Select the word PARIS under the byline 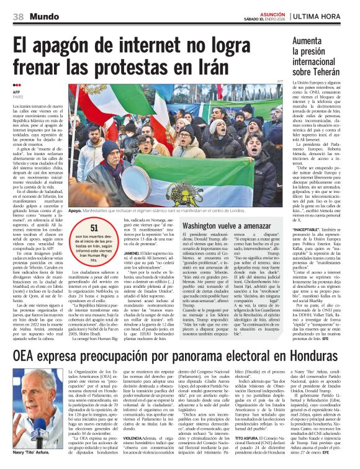pyautogui.click(x=18, y=97)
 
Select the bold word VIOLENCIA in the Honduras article pyautogui.click(x=141, y=419)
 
